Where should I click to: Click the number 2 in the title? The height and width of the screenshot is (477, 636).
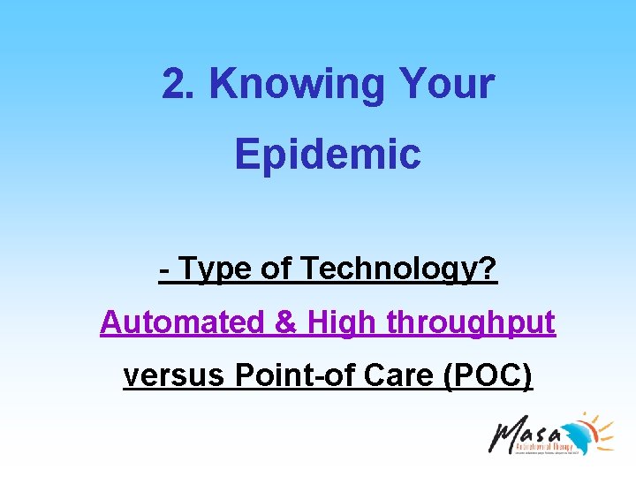(x=173, y=85)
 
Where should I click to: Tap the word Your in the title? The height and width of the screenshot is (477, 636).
(x=447, y=85)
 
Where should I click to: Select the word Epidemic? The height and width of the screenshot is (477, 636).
(x=328, y=154)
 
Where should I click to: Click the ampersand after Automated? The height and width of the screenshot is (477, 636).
(x=286, y=323)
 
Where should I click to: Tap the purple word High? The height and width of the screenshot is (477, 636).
(x=340, y=323)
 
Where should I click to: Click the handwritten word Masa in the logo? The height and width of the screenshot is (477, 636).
(x=526, y=434)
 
